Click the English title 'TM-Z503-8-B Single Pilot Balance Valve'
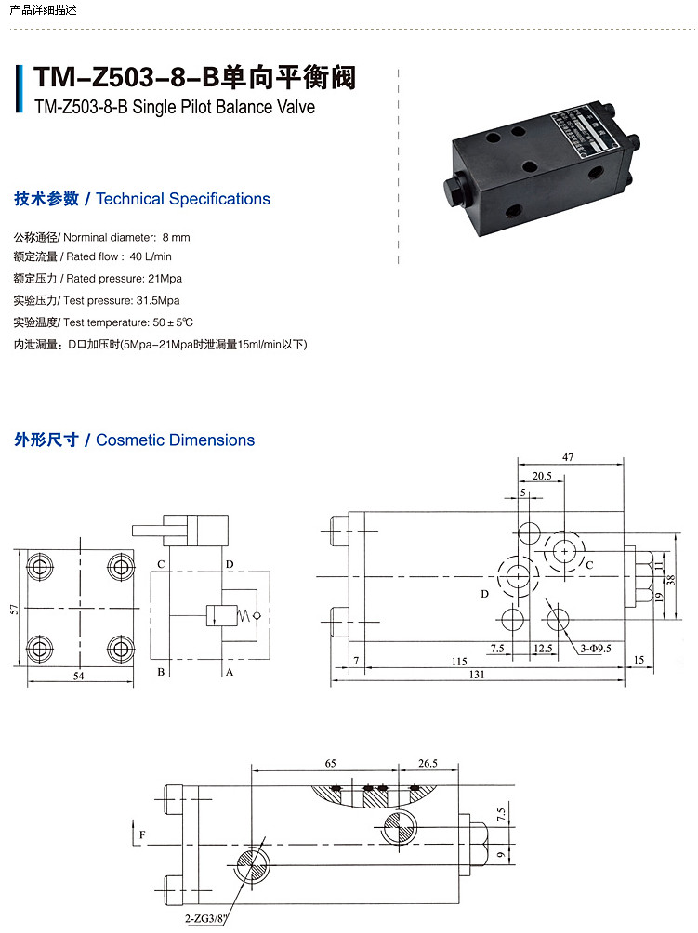pyautogui.click(x=174, y=107)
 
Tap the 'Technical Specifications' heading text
pyautogui.click(x=183, y=199)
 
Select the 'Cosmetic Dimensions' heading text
pyautogui.click(x=175, y=440)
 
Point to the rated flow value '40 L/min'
pyautogui.click(x=151, y=256)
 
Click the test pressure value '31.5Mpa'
pyautogui.click(x=157, y=300)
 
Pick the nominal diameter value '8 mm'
pyautogui.click(x=176, y=237)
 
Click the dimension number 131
pyautogui.click(x=477, y=676)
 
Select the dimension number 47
pyautogui.click(x=568, y=457)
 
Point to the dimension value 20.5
pyautogui.click(x=543, y=477)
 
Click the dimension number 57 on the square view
pyautogui.click(x=13, y=610)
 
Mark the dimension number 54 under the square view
pyautogui.click(x=79, y=677)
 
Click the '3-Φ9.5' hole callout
pyautogui.click(x=596, y=648)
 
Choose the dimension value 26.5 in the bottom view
pyautogui.click(x=428, y=763)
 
